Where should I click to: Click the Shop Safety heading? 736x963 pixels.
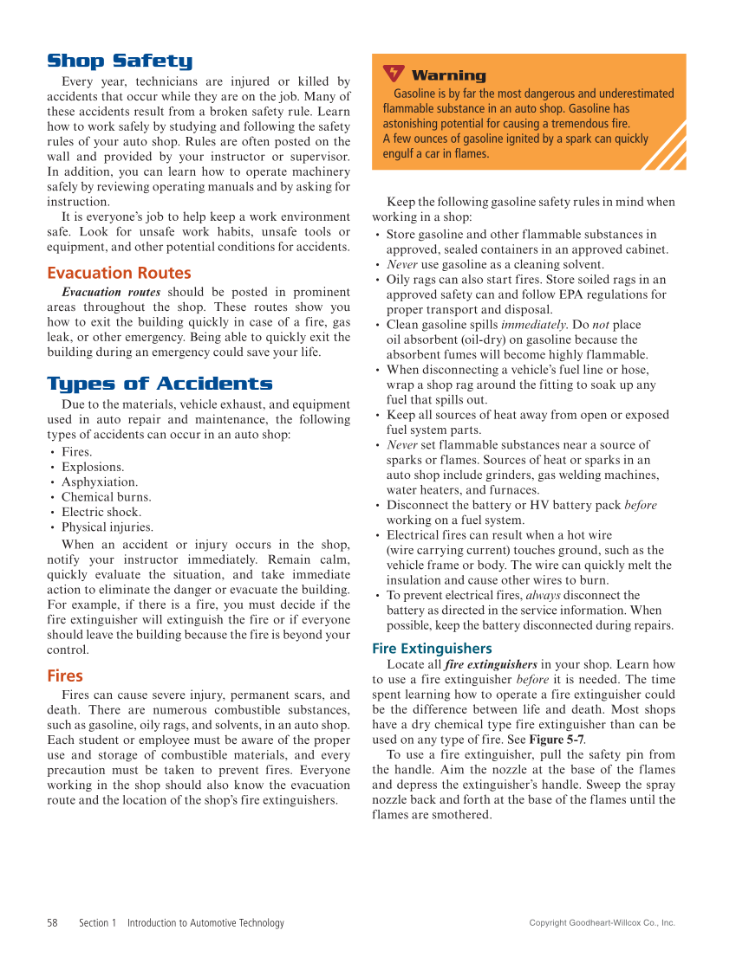coord(119,61)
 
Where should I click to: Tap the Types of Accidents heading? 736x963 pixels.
coord(160,384)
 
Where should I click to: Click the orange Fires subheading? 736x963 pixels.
coord(65,675)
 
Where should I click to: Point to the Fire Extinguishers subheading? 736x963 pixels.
coord(432,648)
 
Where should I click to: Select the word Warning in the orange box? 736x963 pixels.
coord(448,75)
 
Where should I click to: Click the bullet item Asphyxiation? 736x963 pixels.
coord(99,482)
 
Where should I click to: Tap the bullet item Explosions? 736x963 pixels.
coord(93,467)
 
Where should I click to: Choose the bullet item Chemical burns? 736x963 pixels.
coord(106,497)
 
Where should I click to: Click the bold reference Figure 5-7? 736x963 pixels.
coord(557,740)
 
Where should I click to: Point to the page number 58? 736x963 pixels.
coord(53,923)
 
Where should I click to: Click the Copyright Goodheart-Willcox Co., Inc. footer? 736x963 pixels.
coord(602,923)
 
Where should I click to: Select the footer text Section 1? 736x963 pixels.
coord(97,923)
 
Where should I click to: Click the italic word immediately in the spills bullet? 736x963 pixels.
coord(532,325)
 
